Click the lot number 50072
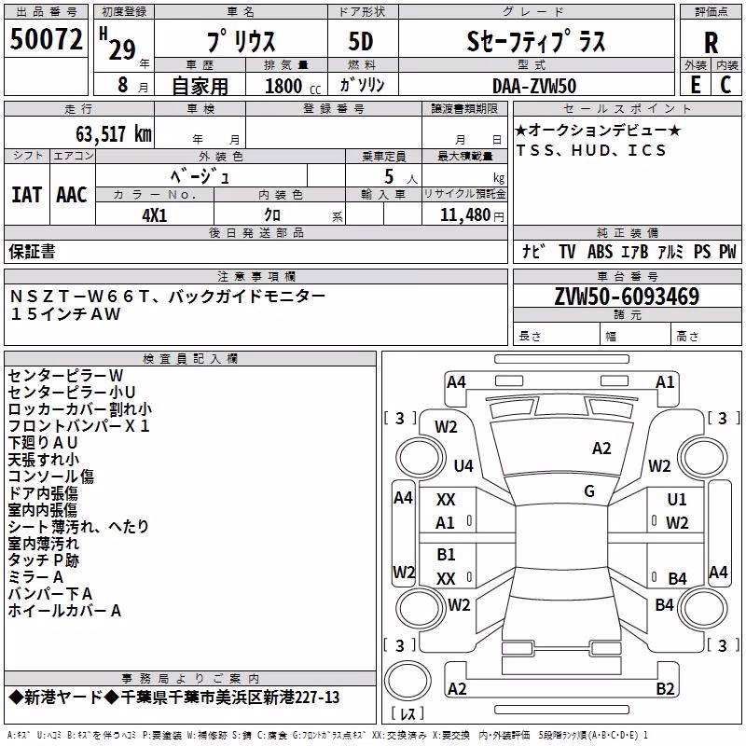(x=46, y=39)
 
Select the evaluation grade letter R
(x=711, y=43)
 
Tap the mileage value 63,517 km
(x=114, y=134)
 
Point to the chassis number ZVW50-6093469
(x=627, y=297)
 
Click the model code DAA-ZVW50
(x=534, y=86)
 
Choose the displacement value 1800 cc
(x=293, y=86)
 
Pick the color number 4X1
(x=155, y=215)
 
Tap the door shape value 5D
(x=361, y=42)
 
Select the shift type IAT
(x=27, y=195)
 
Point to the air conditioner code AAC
(x=72, y=195)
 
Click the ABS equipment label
(x=600, y=251)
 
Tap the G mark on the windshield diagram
(x=589, y=491)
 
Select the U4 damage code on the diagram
(x=463, y=465)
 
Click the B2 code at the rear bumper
(x=665, y=688)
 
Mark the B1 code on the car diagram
(x=446, y=554)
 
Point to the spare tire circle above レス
(x=408, y=681)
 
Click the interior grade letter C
(x=725, y=85)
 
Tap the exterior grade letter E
(x=696, y=85)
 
